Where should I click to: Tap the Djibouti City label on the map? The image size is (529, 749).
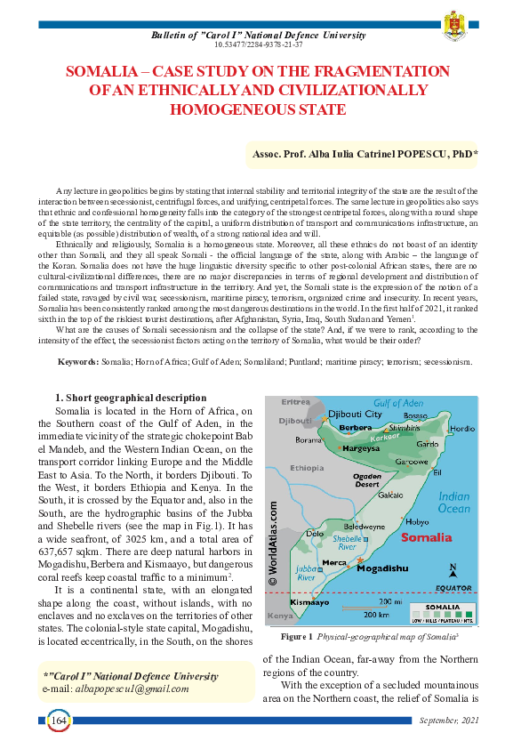coord(355,415)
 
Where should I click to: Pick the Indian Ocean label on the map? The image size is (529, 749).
coord(454,503)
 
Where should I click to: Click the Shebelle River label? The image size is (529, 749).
coord(346,542)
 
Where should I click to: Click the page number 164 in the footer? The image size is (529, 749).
coord(60,719)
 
